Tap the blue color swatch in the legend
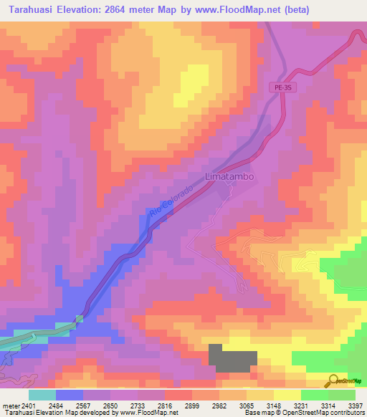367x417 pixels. tap(69, 395)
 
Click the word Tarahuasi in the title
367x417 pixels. tap(33, 9)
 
